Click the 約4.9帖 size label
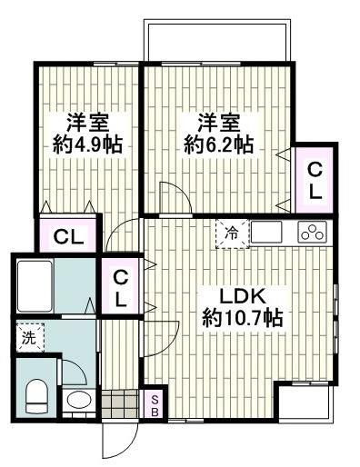tap(87, 144)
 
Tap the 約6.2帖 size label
tap(218, 144)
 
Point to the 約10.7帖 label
tap(241, 318)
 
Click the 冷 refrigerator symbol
tap(232, 233)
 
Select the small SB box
tap(155, 405)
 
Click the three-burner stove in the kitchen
tap(311, 233)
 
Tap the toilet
tap(36, 394)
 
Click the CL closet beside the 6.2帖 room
tap(313, 179)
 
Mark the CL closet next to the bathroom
tap(120, 287)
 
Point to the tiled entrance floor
tap(121, 402)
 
